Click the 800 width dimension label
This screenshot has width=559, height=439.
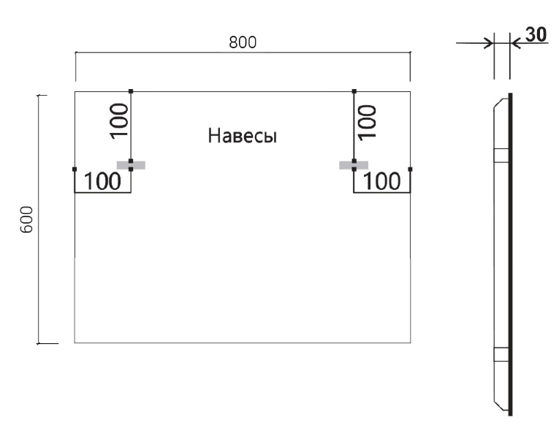point(242,43)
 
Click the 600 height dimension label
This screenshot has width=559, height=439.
point(26,219)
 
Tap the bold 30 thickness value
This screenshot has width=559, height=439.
point(536,35)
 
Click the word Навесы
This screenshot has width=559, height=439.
point(242,136)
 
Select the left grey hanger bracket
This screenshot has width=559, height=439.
point(131,165)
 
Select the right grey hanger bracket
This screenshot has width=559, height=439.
point(354,165)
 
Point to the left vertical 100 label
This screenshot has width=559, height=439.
point(119,121)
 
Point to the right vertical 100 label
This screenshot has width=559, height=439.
point(366,121)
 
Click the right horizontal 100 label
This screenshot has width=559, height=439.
point(382,181)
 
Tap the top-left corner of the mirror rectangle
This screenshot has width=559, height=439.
point(75,91)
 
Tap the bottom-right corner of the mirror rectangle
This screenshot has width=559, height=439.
point(410,343)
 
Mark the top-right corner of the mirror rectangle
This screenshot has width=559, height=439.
point(410,91)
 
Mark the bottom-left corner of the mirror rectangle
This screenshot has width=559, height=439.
point(75,343)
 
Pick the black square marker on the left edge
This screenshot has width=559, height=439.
point(75,169)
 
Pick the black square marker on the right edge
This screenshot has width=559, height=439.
point(410,169)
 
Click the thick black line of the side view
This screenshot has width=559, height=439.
point(510,256)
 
